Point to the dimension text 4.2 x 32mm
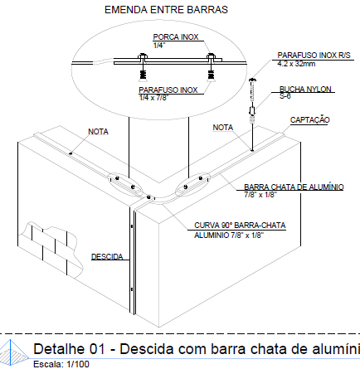295,63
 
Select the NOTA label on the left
99,131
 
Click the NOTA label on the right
223,128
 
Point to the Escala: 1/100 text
61,363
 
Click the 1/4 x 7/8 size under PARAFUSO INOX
157,98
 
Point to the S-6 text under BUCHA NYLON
285,95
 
